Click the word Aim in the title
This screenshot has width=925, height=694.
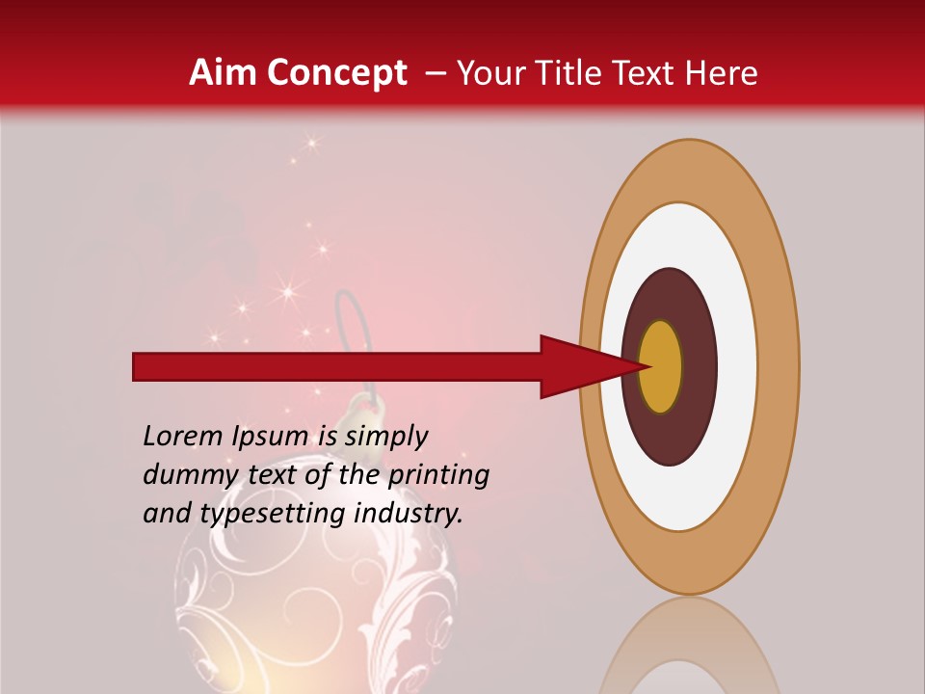(x=221, y=73)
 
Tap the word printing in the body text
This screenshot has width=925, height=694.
(x=438, y=475)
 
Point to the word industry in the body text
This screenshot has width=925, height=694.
(x=409, y=514)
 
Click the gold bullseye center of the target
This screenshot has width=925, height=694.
(x=661, y=366)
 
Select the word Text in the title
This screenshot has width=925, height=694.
(x=651, y=73)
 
